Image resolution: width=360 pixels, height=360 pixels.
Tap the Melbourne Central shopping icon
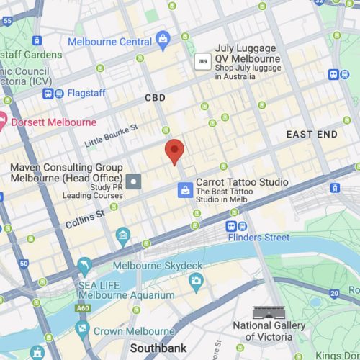(163, 40)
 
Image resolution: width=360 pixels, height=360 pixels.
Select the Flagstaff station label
(85, 93)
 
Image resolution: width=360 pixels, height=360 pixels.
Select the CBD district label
(155, 98)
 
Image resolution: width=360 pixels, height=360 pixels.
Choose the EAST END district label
(310, 135)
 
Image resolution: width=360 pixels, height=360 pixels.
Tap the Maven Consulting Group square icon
(134, 179)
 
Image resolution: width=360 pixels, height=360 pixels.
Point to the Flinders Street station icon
(233, 225)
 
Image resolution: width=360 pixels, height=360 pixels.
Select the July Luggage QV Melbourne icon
(202, 62)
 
